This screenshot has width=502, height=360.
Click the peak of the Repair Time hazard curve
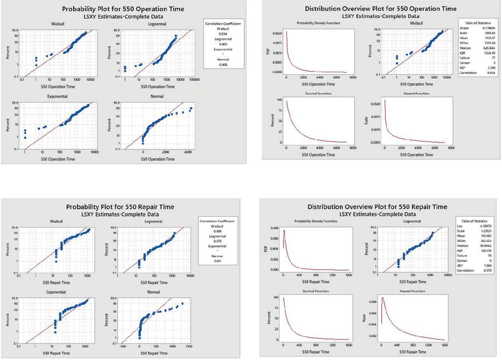383,298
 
